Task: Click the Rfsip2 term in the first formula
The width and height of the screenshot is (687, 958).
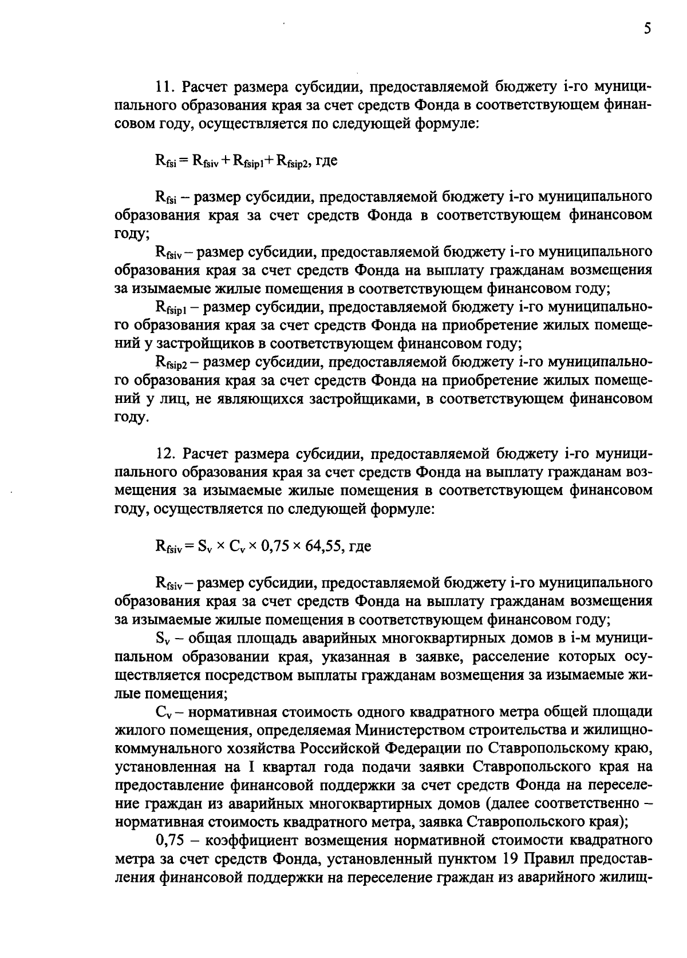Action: coord(292,162)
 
